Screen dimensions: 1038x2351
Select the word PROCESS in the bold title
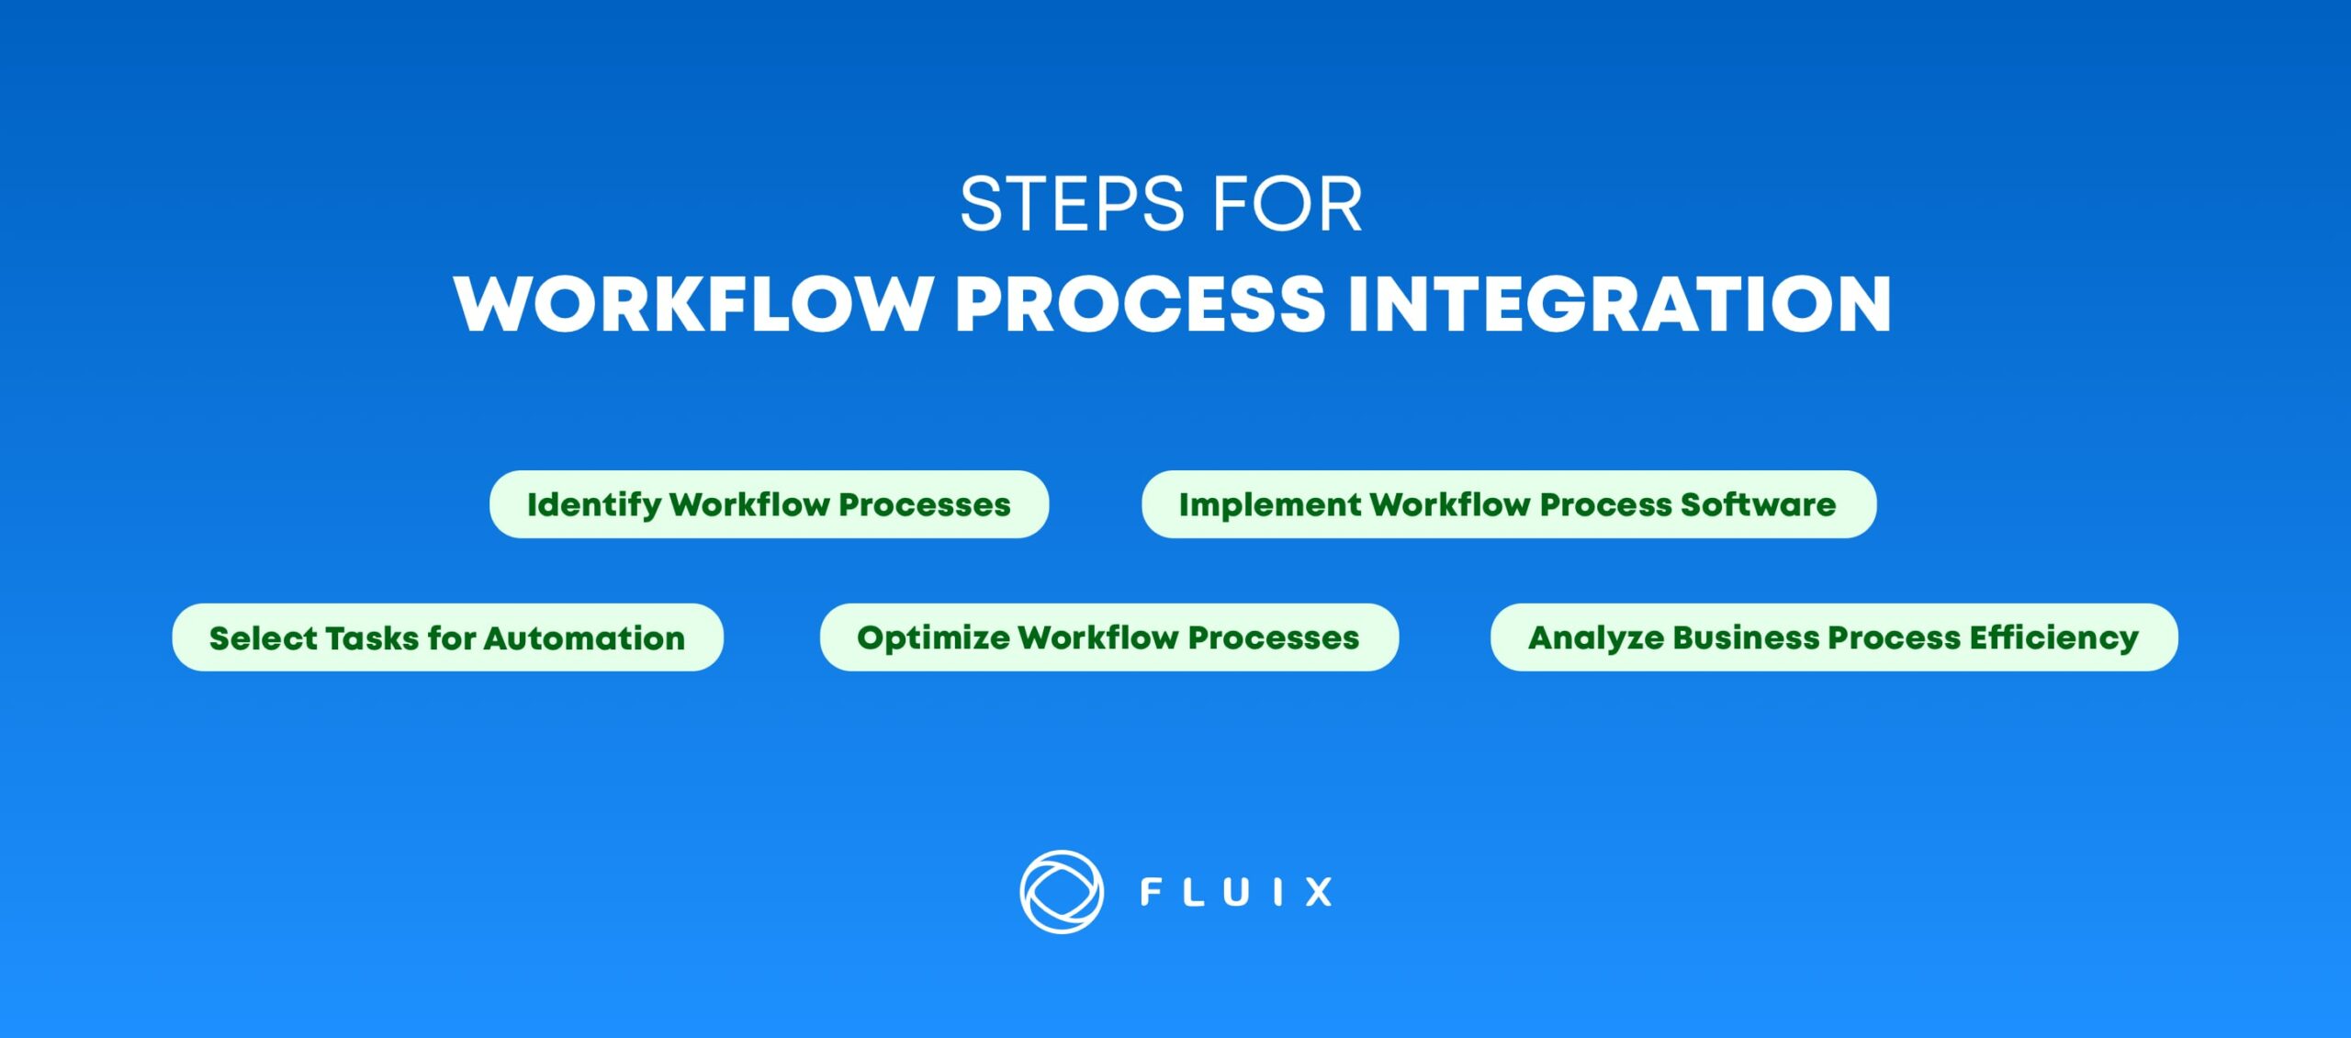click(x=1140, y=304)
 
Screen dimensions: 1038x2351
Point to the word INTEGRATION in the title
click(x=1619, y=304)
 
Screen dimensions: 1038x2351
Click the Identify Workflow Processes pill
click(x=769, y=504)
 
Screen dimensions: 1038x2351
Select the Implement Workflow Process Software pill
click(x=1508, y=504)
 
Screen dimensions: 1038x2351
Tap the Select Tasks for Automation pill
click(x=447, y=637)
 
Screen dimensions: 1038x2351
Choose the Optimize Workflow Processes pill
click(x=1108, y=637)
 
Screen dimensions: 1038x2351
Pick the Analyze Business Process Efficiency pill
click(x=1833, y=637)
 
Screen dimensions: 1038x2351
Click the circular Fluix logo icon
click(x=1061, y=892)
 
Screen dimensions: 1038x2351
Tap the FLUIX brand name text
click(x=1236, y=892)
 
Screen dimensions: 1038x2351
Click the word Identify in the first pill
click(x=593, y=505)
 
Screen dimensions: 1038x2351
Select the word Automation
click(x=584, y=638)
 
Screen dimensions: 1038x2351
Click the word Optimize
click(x=932, y=638)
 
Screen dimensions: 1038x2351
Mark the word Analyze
click(x=1595, y=638)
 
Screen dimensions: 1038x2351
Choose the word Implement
click(x=1269, y=505)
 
